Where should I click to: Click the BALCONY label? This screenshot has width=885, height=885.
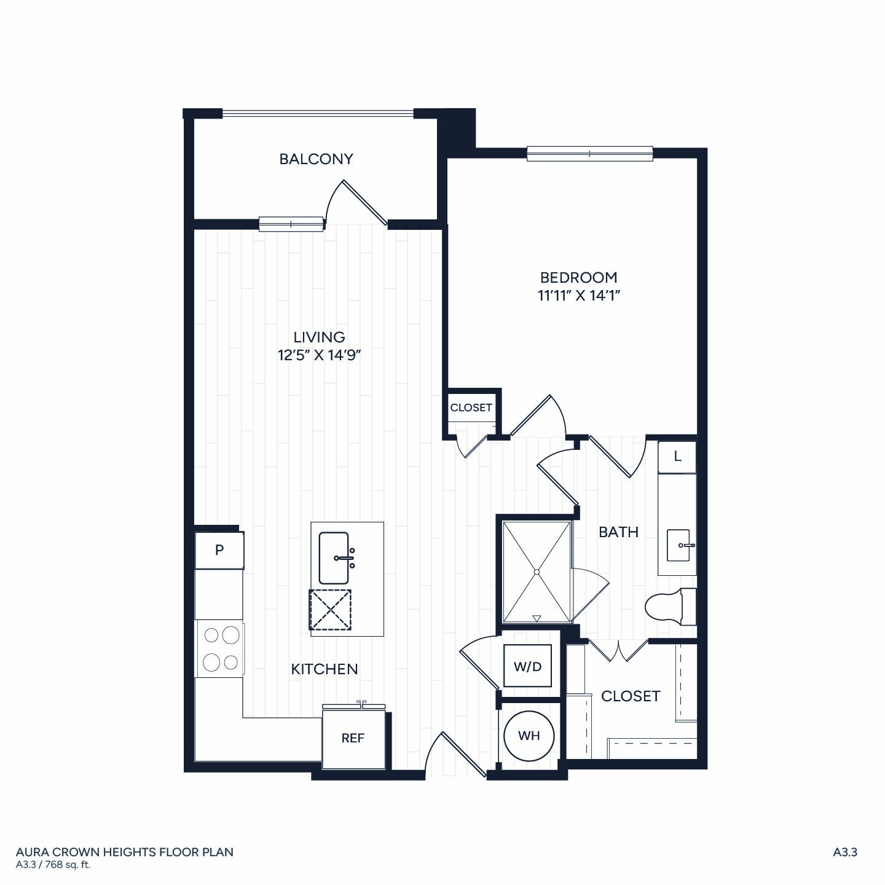(316, 159)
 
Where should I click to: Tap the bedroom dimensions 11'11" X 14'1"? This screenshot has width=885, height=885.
(579, 295)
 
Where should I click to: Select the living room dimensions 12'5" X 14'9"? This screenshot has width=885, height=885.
(319, 355)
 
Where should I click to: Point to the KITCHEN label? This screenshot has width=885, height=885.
(324, 669)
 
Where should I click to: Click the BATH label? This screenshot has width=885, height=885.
(619, 532)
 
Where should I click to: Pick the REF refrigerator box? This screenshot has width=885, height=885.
(353, 738)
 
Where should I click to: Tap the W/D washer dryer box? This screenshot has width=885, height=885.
(527, 666)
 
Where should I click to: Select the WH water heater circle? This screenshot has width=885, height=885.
(529, 736)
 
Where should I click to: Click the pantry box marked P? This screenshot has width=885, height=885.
(219, 550)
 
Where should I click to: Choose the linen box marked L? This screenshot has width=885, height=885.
(677, 457)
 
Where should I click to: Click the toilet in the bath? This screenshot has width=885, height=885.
(671, 607)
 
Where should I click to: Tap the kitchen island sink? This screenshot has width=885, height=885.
(334, 558)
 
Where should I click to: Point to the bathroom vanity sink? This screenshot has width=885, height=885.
(678, 545)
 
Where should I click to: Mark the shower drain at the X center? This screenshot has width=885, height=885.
(537, 572)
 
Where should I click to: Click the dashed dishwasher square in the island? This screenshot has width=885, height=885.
(330, 610)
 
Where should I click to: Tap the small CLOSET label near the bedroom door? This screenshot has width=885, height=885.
(471, 407)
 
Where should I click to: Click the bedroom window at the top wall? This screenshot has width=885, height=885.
(590, 154)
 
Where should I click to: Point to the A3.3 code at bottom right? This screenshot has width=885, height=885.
(845, 852)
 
